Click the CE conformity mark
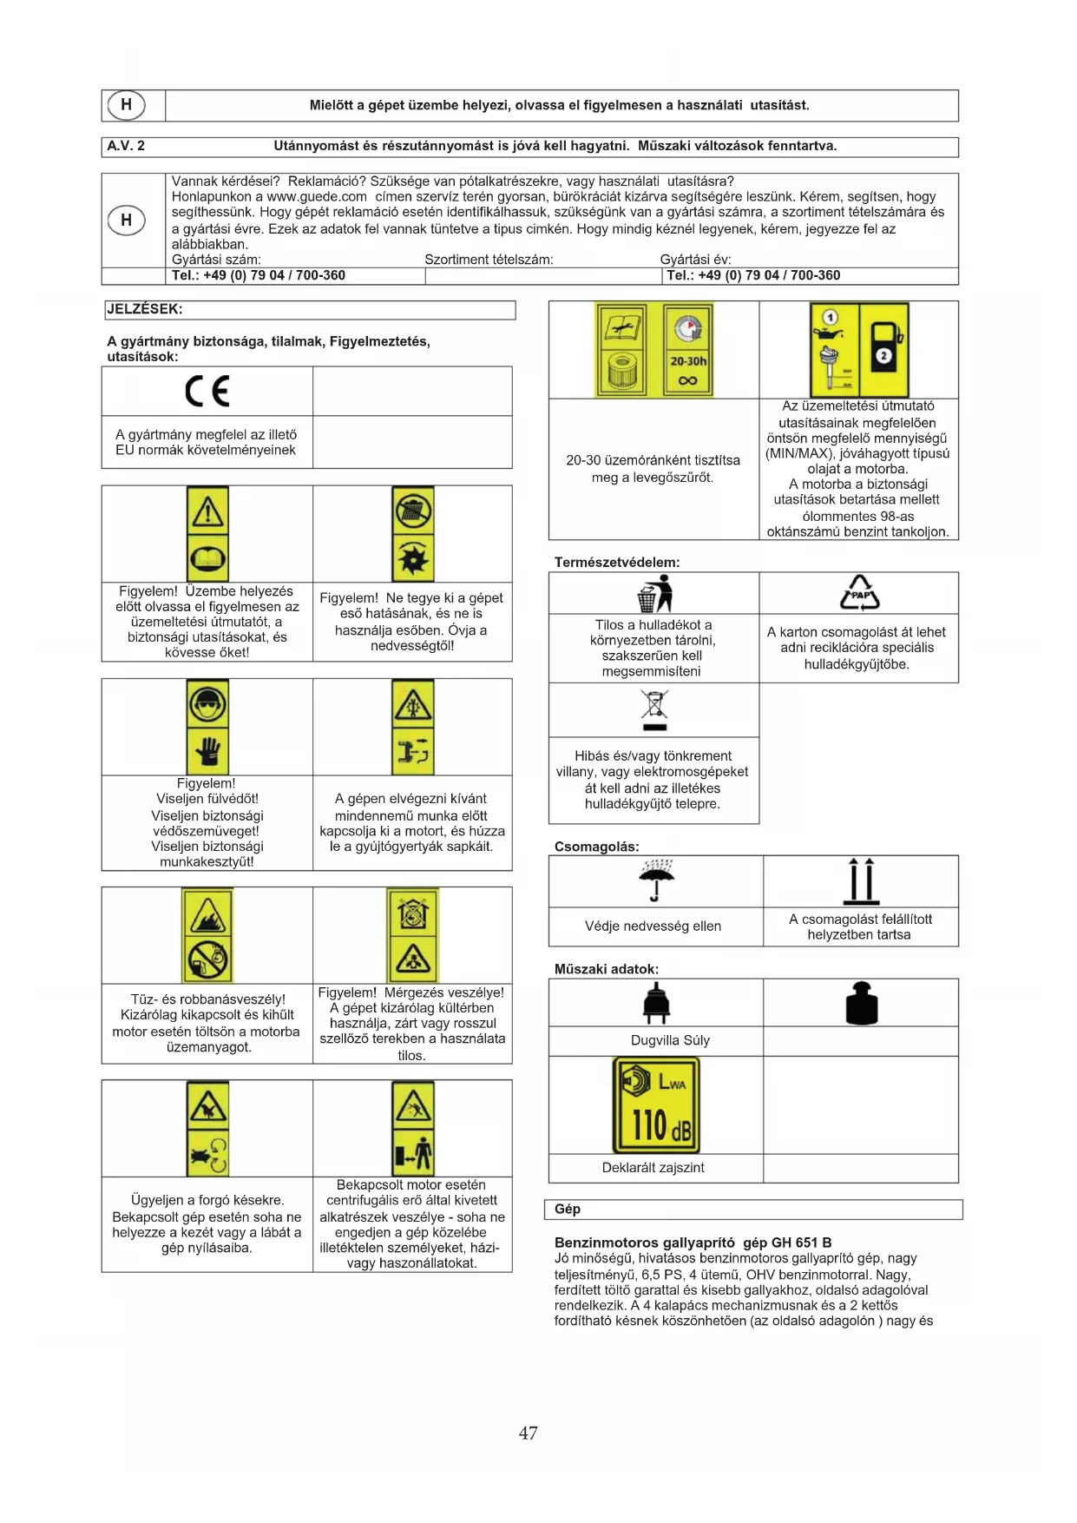pyautogui.click(x=207, y=392)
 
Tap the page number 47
pyautogui.click(x=528, y=1433)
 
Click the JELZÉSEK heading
pyautogui.click(x=144, y=309)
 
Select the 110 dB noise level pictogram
pyautogui.click(x=656, y=1104)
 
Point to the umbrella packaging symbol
pyautogui.click(x=655, y=880)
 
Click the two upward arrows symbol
pyautogui.click(x=861, y=880)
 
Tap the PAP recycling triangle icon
pyautogui.click(x=859, y=594)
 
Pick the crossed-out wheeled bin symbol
pyautogui.click(x=654, y=709)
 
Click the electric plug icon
pyautogui.click(x=656, y=1003)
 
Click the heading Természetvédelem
pyautogui.click(x=617, y=562)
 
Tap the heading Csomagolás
pyautogui.click(x=596, y=846)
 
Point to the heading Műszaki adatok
pyautogui.click(x=606, y=968)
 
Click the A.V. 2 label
pyautogui.click(x=126, y=146)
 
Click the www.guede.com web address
pyautogui.click(x=317, y=196)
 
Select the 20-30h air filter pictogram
pyautogui.click(x=654, y=350)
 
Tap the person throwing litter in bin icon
pyautogui.click(x=655, y=594)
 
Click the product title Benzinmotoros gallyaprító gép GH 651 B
pyautogui.click(x=693, y=1242)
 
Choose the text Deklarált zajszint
pyautogui.click(x=653, y=1167)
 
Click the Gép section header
pyautogui.click(x=568, y=1209)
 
